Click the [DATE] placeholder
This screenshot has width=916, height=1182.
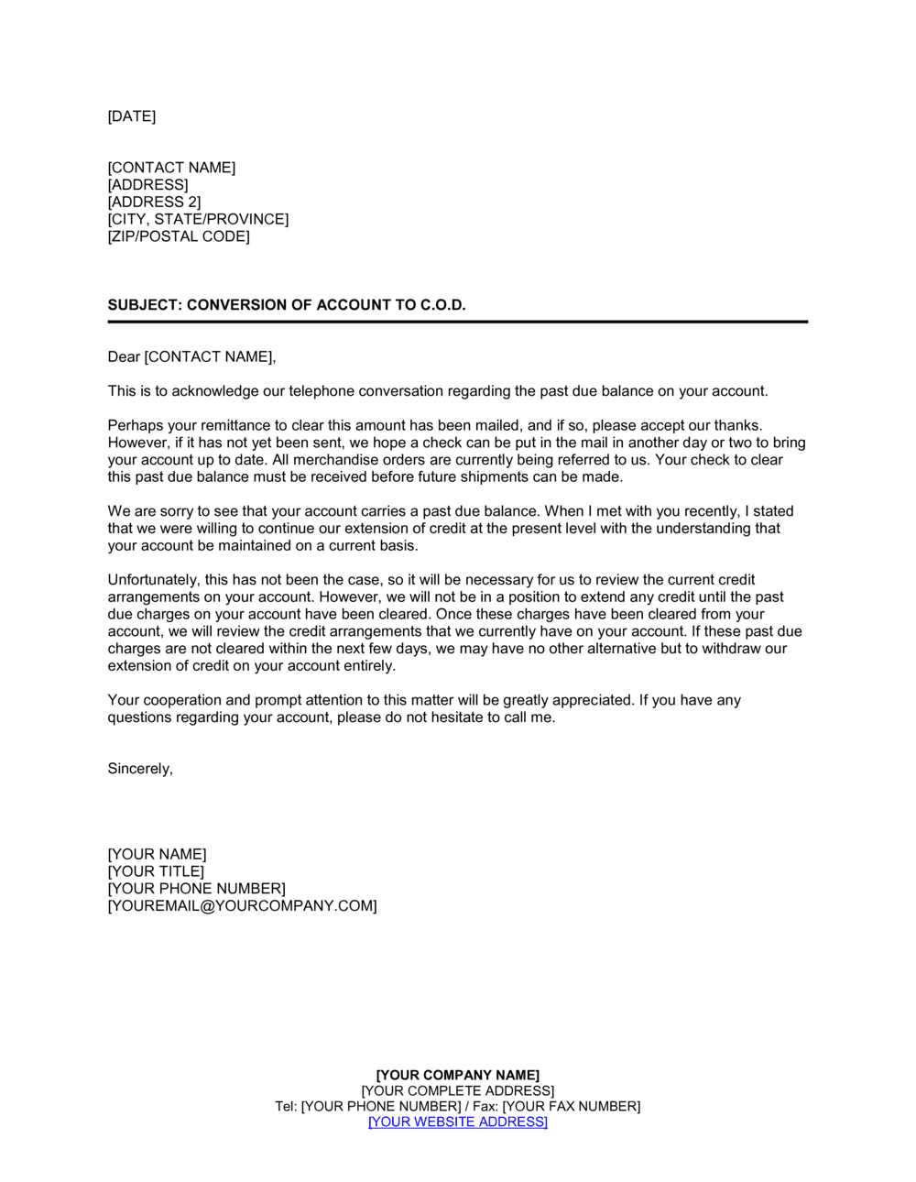[x=132, y=116]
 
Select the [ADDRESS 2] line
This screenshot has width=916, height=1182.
[x=154, y=202]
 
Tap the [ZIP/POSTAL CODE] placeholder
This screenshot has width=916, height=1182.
[x=179, y=236]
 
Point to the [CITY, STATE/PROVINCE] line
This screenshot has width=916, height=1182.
[x=198, y=220]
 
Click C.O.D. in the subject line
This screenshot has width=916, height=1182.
[x=443, y=305]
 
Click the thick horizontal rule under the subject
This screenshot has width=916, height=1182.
[x=458, y=322]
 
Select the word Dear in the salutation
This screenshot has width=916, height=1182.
[x=124, y=357]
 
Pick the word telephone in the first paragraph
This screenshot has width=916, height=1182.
[x=321, y=391]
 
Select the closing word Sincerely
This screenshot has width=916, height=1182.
[x=140, y=769]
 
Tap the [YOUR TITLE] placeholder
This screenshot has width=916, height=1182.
[x=156, y=871]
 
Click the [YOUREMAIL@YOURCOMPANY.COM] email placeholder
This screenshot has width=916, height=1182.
[x=242, y=906]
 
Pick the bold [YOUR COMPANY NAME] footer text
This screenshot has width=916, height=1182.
[x=458, y=1076]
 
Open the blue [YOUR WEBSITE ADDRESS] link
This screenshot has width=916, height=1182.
[x=458, y=1122]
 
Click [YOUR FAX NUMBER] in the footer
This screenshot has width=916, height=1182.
[x=571, y=1107]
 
